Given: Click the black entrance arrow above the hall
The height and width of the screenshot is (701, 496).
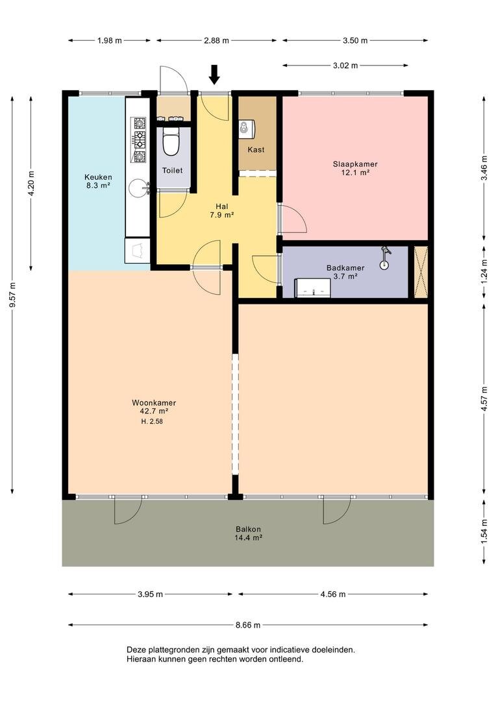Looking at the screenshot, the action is [215, 75].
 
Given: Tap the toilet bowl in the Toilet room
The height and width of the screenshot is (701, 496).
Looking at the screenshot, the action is [170, 141].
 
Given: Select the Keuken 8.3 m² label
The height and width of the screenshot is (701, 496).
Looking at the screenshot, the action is [99, 181].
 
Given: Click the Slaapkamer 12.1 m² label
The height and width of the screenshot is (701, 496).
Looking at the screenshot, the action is [355, 168].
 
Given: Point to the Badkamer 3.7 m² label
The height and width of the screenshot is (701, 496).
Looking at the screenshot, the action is [345, 272].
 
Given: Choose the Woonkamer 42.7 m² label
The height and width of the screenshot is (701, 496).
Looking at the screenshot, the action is [154, 407].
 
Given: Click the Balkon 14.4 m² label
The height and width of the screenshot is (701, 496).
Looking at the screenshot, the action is [248, 534].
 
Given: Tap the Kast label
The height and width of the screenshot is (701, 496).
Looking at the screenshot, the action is [256, 150].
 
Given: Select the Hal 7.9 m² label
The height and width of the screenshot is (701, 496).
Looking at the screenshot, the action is [222, 210].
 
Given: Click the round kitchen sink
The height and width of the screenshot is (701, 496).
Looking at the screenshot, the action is [138, 188].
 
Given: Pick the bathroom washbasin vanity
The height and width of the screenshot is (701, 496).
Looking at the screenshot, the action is [313, 288].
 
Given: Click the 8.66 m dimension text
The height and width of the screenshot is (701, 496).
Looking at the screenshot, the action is [248, 625].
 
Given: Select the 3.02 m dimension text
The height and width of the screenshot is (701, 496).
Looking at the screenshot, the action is [345, 66].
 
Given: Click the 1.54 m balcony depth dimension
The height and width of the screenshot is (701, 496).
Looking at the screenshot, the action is [484, 532].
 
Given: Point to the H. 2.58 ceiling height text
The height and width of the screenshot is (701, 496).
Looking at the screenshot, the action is [152, 421].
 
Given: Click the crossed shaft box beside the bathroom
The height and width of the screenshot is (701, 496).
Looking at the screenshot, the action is [421, 272].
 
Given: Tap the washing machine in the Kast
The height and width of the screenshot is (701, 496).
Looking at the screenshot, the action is [247, 129].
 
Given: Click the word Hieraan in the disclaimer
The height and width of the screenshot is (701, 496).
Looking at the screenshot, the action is [140, 659].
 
